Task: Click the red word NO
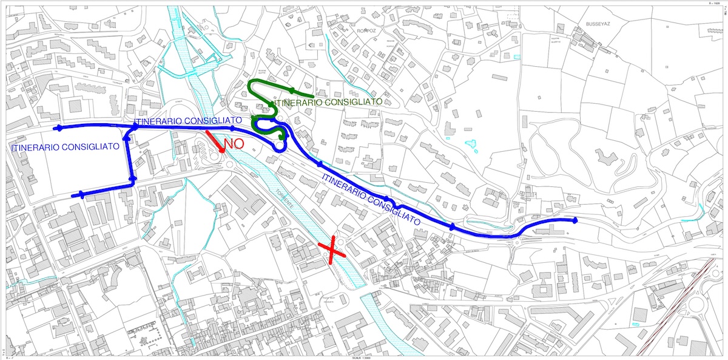click(x=234, y=144)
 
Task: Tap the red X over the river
click(x=332, y=251)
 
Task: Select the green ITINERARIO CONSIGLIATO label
click(x=328, y=103)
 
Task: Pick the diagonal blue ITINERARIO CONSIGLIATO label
click(x=371, y=199)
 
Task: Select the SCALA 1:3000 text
click(x=363, y=357)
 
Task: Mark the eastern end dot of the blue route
click(x=575, y=220)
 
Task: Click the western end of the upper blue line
click(x=58, y=128)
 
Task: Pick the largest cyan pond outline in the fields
click(x=470, y=146)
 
